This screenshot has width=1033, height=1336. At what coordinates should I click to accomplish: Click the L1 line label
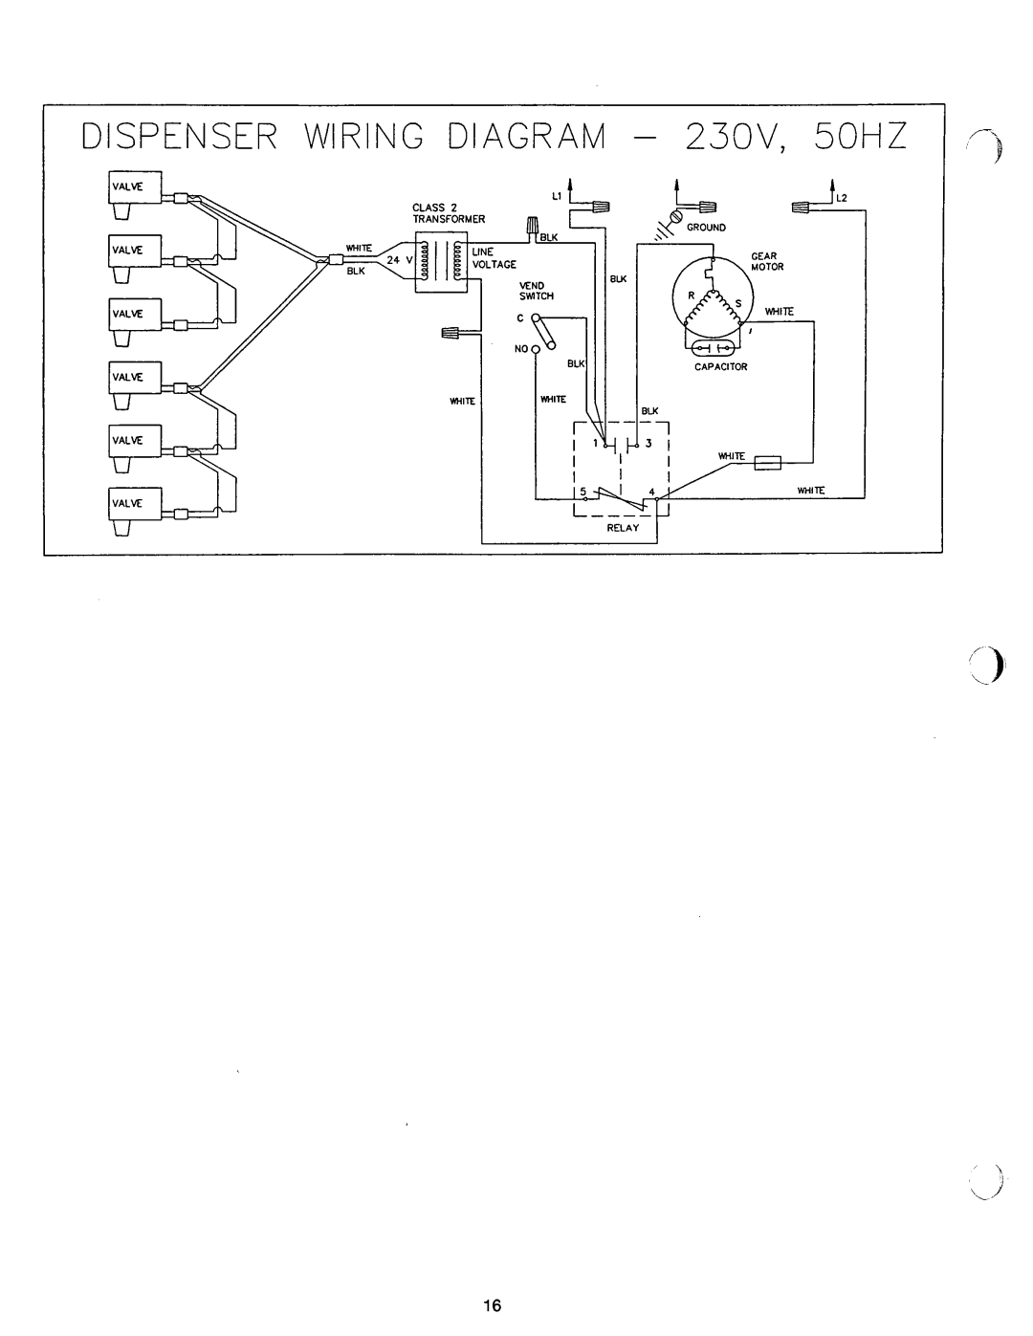(x=554, y=196)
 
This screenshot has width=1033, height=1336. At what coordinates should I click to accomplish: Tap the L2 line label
(x=844, y=198)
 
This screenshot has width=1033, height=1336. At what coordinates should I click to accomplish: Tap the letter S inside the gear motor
(x=737, y=302)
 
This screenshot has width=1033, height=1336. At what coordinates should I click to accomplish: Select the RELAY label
(x=620, y=527)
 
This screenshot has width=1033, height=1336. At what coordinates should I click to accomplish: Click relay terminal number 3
(x=648, y=445)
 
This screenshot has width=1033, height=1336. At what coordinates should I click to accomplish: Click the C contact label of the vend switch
(x=522, y=317)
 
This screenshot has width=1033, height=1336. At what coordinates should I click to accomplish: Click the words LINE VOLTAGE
(x=493, y=256)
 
